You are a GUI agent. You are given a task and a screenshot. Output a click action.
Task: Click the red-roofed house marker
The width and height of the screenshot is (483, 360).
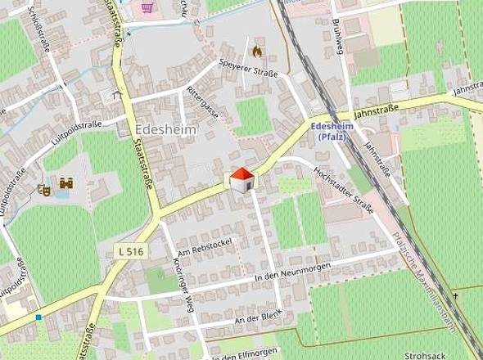tap(241, 180)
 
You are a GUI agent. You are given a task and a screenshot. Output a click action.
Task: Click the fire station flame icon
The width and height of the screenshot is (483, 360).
tap(257, 51)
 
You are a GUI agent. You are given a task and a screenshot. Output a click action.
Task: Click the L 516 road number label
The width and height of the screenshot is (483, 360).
tap(130, 250)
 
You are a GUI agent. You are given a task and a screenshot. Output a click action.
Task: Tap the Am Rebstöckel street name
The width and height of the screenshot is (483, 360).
tap(205, 249)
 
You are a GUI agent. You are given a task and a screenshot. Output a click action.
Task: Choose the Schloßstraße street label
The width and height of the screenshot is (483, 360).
tap(40, 30)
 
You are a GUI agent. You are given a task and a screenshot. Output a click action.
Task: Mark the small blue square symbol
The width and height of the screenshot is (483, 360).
tap(38, 316)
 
